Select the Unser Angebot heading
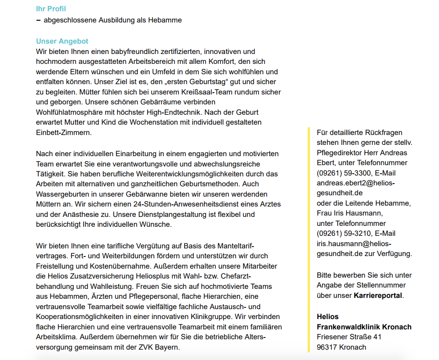click(62, 41)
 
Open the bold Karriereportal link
click(378, 295)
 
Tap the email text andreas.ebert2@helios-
click(355, 183)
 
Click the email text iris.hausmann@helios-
click(354, 243)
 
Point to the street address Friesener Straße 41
click(349, 337)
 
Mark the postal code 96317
click(327, 347)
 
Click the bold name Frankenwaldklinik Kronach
click(364, 327)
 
